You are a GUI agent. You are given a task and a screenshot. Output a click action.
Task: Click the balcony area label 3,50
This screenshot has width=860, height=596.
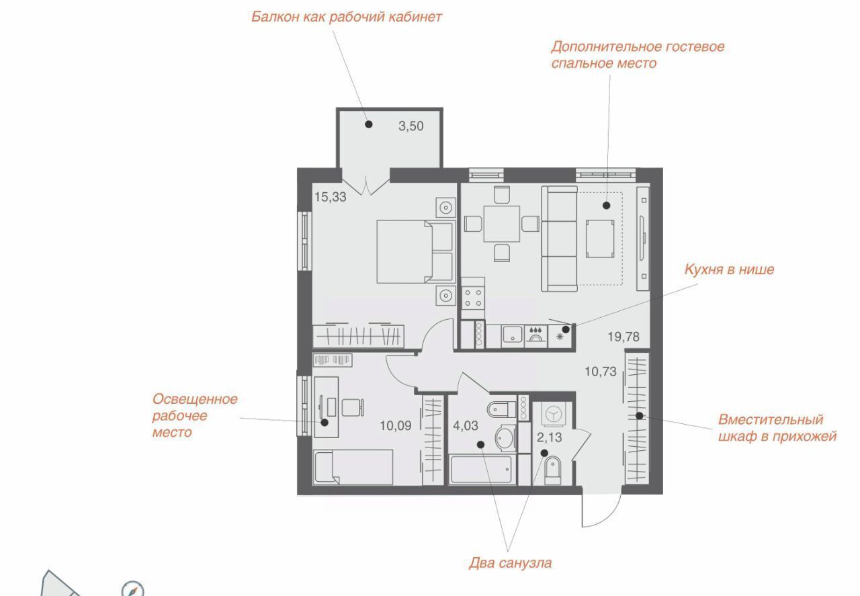(411, 126)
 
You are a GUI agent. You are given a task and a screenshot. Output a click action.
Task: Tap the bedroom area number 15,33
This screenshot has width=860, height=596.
(330, 197)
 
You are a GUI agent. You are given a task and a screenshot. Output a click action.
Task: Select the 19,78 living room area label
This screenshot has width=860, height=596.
(623, 337)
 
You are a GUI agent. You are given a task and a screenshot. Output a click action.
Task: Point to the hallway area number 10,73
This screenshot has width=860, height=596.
(601, 372)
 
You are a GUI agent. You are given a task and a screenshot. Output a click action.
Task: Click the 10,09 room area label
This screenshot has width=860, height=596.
(396, 425)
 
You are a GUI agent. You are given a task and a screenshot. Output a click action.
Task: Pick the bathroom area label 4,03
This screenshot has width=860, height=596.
(466, 425)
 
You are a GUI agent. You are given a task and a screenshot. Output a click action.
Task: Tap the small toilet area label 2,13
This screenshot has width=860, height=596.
(549, 437)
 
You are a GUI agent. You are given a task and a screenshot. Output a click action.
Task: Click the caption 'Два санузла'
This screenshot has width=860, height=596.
(510, 563)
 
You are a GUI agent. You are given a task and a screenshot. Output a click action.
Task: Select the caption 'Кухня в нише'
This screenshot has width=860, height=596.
(729, 269)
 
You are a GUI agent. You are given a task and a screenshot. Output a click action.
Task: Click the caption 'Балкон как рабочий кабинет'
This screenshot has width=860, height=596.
(347, 17)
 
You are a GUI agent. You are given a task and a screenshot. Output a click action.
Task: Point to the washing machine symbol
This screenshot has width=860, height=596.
(554, 415)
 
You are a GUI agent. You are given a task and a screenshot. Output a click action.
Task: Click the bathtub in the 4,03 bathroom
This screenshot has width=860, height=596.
(480, 469)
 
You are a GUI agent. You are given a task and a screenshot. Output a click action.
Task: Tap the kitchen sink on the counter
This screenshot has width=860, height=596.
(512, 334)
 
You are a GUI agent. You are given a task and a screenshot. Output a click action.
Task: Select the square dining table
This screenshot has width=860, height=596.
(501, 224)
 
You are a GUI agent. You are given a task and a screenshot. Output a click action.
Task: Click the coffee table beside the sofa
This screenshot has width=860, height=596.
(600, 239)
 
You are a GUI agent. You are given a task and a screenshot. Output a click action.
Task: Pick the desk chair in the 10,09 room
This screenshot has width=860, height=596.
(353, 407)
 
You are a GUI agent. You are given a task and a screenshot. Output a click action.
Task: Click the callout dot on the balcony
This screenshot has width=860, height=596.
(369, 124)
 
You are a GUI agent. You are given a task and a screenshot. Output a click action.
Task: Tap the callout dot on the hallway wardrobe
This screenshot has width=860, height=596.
(639, 415)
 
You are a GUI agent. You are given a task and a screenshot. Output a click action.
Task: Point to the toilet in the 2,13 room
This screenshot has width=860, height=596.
(553, 471)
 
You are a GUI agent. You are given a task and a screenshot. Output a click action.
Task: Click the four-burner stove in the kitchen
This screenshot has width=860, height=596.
(473, 298)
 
